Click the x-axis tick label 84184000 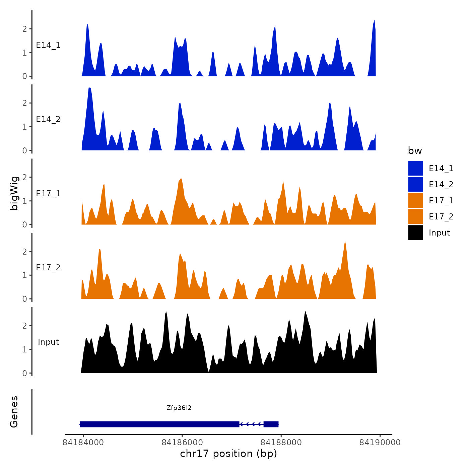pyautogui.click(x=83, y=443)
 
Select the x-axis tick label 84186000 pyautogui.click(x=182, y=443)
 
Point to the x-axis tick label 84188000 pyautogui.click(x=281, y=443)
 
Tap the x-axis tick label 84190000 pyautogui.click(x=380, y=443)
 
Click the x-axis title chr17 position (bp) pyautogui.click(x=228, y=454)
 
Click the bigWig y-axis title pyautogui.click(x=14, y=193)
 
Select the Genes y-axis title pyautogui.click(x=14, y=412)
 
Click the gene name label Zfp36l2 pyautogui.click(x=179, y=408)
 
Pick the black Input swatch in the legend pyautogui.click(x=415, y=232)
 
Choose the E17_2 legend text pyautogui.click(x=441, y=217)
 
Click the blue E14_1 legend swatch pyautogui.click(x=415, y=168)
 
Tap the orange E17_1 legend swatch pyautogui.click(x=415, y=200)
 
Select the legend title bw pyautogui.click(x=415, y=151)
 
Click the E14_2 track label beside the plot pyautogui.click(x=48, y=119)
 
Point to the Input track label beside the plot pyautogui.click(x=48, y=342)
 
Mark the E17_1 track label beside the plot pyautogui.click(x=48, y=194)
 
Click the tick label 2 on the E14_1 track pyautogui.click(x=24, y=29)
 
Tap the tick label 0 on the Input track pyautogui.click(x=24, y=373)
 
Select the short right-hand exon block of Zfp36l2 pyautogui.click(x=271, y=424)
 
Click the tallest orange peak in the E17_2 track pyautogui.click(x=345, y=243)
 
